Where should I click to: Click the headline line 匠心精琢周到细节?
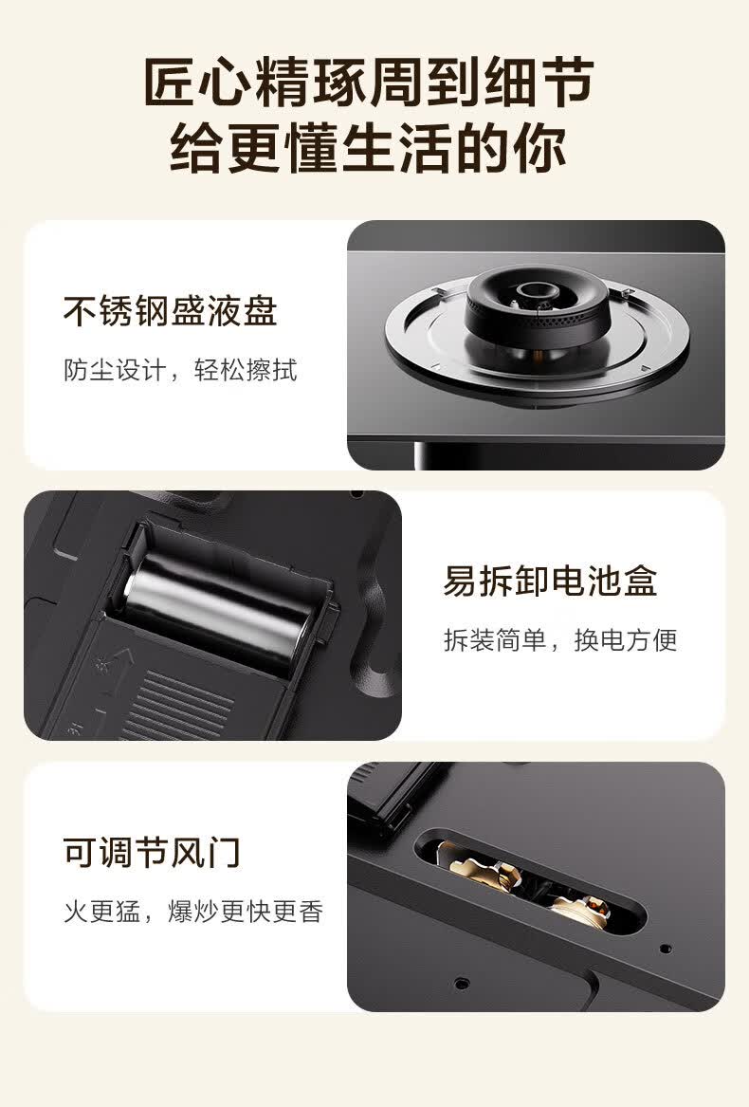pos(369,83)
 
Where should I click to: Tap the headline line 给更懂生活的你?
pos(369,148)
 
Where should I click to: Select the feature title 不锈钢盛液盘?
pos(170,310)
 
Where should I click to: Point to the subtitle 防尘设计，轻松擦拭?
pos(181,370)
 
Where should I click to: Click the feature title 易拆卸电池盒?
pos(550,581)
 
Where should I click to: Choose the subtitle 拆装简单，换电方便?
pos(560,640)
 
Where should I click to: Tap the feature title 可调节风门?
pos(152,852)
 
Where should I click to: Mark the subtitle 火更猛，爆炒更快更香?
pos(193,912)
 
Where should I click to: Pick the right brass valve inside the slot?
pos(582,911)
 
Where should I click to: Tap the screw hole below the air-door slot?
pos(462,982)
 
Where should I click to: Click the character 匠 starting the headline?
pos(170,83)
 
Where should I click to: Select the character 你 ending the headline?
pos(540,148)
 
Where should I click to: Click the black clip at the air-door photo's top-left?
pos(385,792)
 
